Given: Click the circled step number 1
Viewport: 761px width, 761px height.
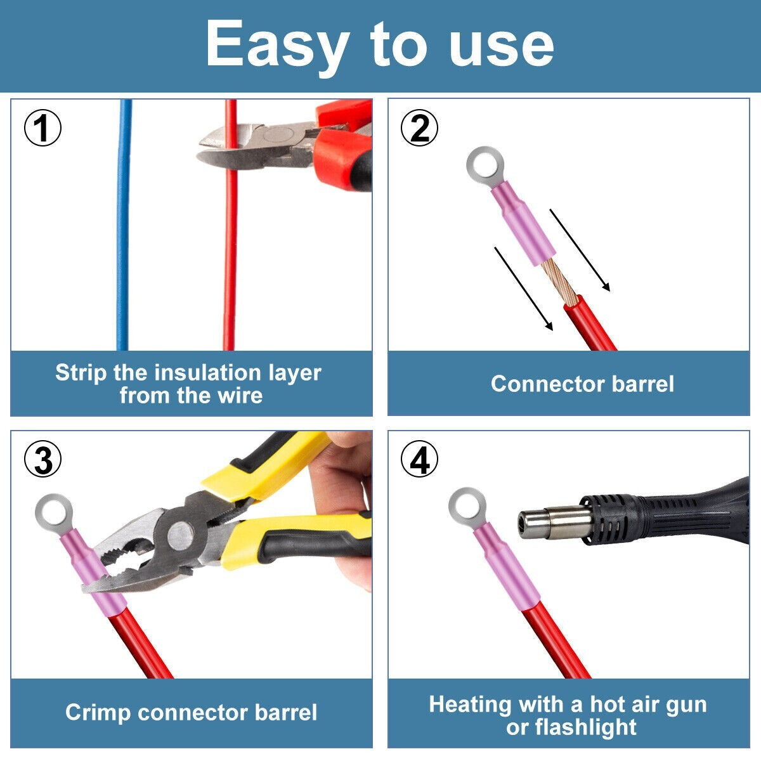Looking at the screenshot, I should pyautogui.click(x=42, y=128).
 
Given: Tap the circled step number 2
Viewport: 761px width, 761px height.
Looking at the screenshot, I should pyautogui.click(x=419, y=128).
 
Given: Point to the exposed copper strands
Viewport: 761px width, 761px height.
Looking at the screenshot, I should pyautogui.click(x=559, y=279).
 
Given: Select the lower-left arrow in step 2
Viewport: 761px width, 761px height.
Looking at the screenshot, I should pyautogui.click(x=523, y=289).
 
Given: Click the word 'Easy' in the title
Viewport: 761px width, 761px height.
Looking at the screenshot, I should pyautogui.click(x=276, y=44).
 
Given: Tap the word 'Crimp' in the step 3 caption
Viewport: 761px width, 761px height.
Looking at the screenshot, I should pyautogui.click(x=98, y=712).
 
